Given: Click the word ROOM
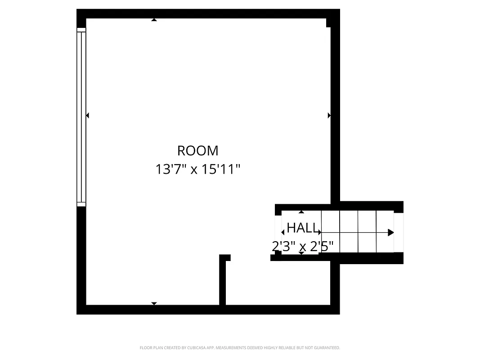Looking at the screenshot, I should pyautogui.click(x=197, y=150).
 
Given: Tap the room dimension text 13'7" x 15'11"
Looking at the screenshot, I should pyautogui.click(x=197, y=170).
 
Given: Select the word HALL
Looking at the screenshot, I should pyautogui.click(x=301, y=228).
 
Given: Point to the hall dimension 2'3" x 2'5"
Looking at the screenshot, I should pyautogui.click(x=302, y=247).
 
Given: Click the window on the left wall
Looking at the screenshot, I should pyautogui.click(x=81, y=117).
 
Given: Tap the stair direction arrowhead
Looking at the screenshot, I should pyautogui.click(x=390, y=233).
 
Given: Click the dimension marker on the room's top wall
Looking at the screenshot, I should pyautogui.click(x=154, y=20).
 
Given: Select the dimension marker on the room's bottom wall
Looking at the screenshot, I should pyautogui.click(x=154, y=304).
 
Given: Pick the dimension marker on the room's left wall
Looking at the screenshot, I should pyautogui.click(x=87, y=116).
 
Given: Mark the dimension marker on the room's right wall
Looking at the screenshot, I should pyautogui.click(x=329, y=116).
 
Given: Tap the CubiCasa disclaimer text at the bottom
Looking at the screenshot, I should pyautogui.click(x=240, y=348).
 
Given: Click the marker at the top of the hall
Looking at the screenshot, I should pyautogui.click(x=301, y=212).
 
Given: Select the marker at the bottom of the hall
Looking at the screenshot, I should pyautogui.click(x=301, y=253).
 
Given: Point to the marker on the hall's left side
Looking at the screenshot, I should pyautogui.click(x=283, y=232).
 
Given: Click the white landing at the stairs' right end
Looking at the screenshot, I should pyautogui.click(x=399, y=232).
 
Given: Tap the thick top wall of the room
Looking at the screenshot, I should pyautogui.click(x=207, y=13).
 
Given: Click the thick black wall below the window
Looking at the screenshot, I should pyautogui.click(x=81, y=256).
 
